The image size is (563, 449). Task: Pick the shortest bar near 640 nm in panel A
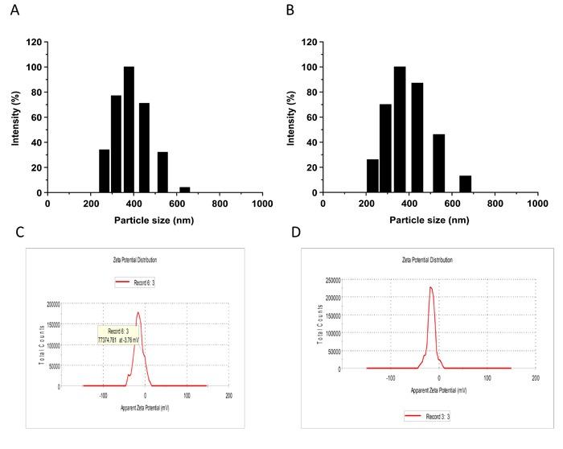[185, 190]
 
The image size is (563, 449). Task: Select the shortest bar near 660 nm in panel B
[465, 184]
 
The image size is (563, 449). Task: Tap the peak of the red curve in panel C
[138, 313]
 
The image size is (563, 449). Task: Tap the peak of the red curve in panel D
[430, 287]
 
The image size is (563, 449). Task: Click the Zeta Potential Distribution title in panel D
[427, 260]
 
